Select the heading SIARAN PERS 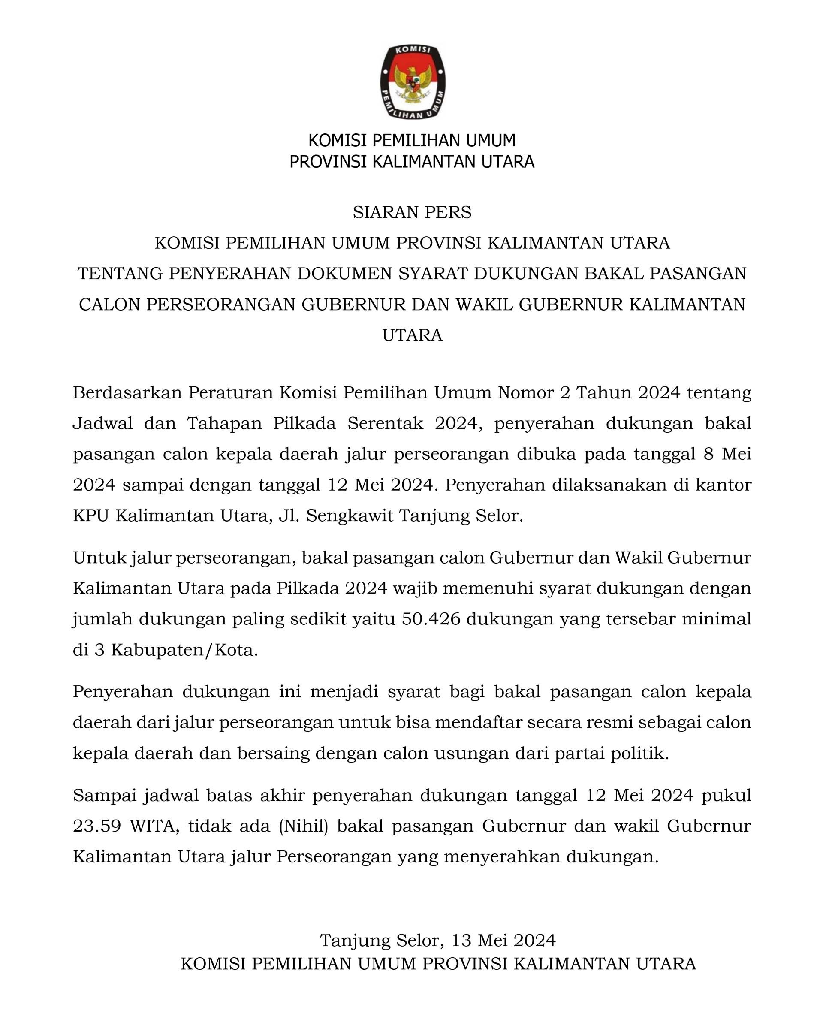[412, 212]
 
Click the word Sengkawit [350, 515]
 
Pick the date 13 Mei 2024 [503, 940]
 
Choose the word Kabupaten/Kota [184, 650]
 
